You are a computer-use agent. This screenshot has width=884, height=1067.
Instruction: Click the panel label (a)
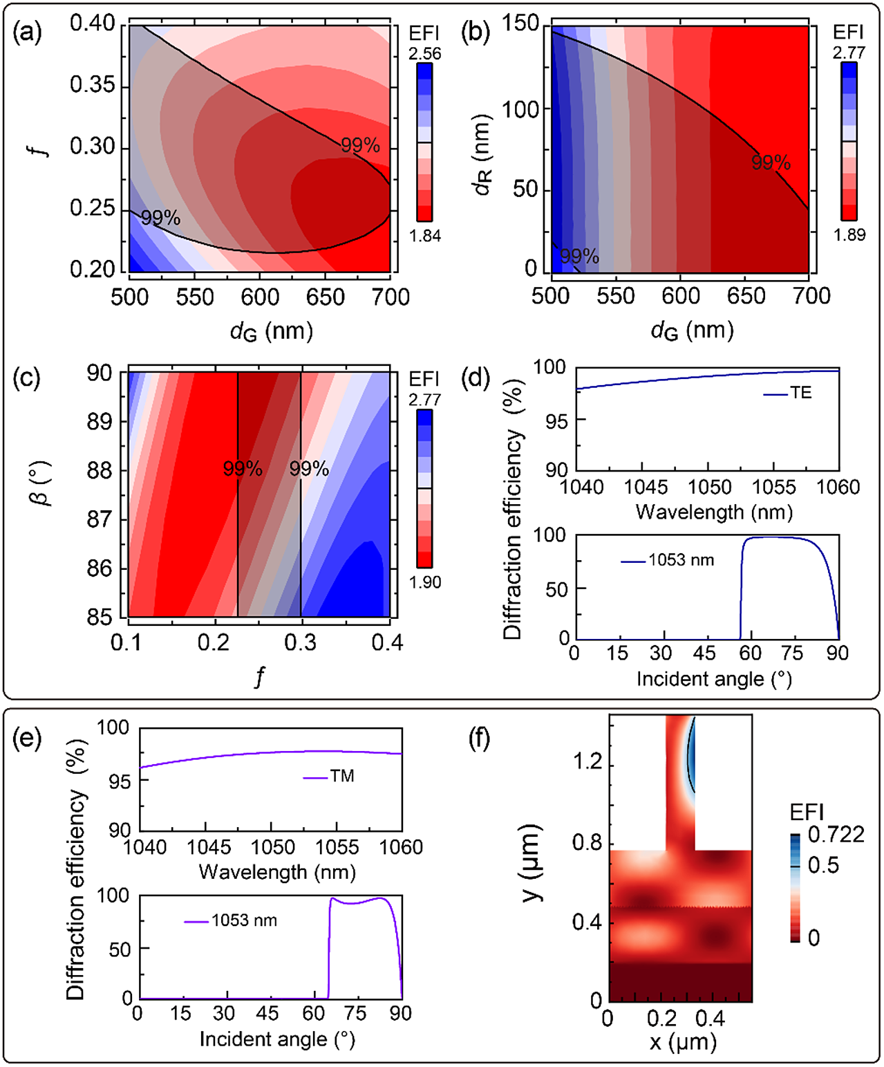(x=27, y=33)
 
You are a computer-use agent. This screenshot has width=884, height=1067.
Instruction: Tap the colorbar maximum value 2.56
(x=424, y=54)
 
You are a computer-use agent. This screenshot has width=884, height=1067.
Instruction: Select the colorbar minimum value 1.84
(x=424, y=236)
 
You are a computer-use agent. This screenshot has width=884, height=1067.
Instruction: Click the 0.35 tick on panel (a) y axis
(x=93, y=86)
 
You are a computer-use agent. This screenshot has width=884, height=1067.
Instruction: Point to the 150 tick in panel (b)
(x=520, y=24)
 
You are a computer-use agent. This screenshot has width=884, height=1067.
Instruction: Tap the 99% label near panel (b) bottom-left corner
(x=579, y=257)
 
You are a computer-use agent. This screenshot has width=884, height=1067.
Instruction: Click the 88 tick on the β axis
(x=100, y=470)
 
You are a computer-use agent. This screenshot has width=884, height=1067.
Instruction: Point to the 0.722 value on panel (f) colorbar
(x=836, y=835)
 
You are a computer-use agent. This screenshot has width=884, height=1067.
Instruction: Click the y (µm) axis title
(x=532, y=864)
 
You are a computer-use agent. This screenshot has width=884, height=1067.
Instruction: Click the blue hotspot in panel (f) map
(x=690, y=757)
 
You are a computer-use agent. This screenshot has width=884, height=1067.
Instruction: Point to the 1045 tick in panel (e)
(x=209, y=847)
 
